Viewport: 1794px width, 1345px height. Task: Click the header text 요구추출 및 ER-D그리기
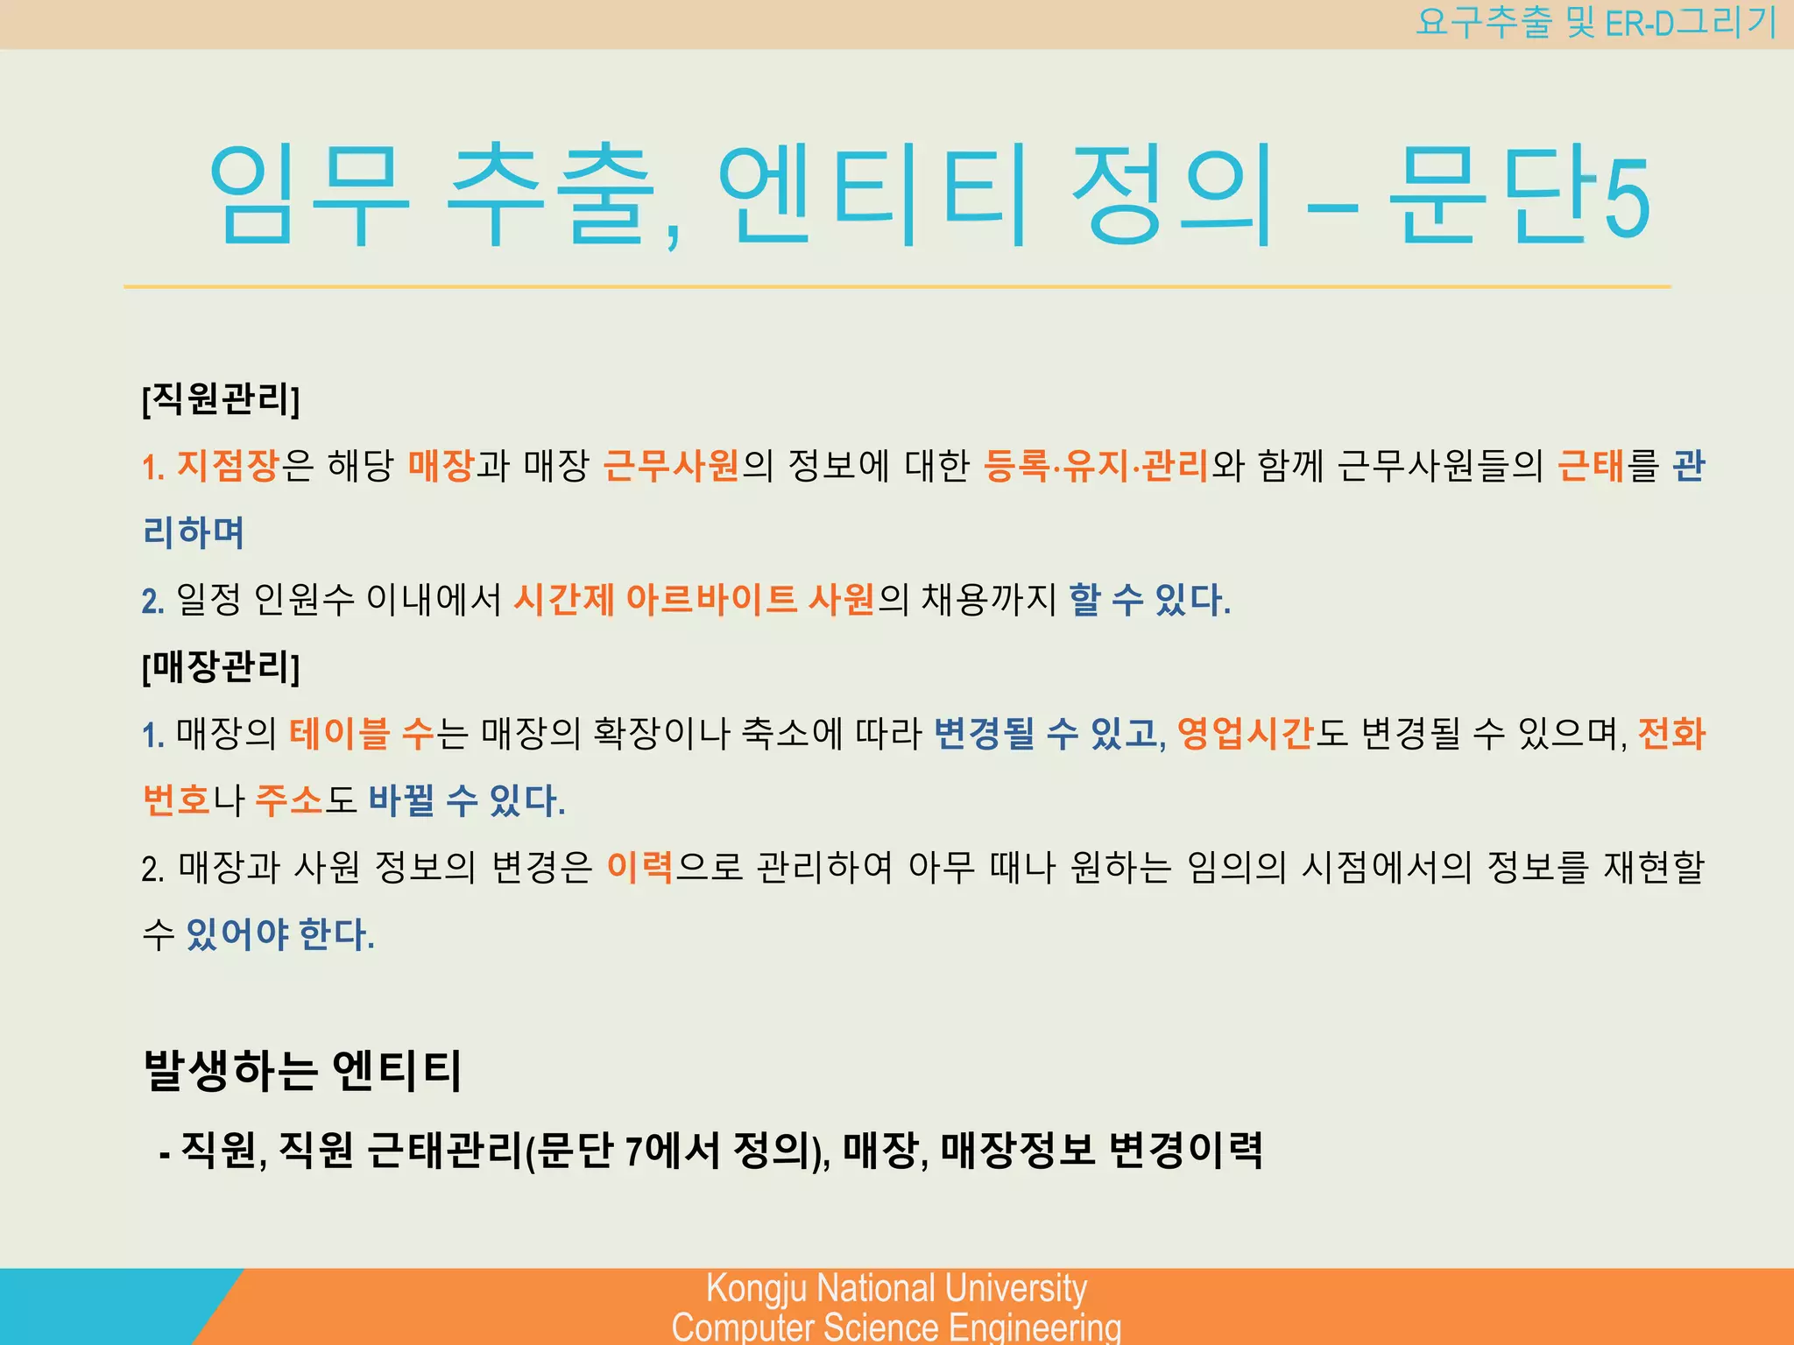(1595, 23)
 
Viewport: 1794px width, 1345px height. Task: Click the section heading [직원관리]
(221, 399)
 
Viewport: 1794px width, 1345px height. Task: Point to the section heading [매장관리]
(221, 667)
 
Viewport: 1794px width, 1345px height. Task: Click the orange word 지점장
(228, 466)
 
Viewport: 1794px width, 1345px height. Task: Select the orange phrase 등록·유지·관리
(1096, 466)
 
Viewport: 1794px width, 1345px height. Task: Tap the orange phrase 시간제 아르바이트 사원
(694, 600)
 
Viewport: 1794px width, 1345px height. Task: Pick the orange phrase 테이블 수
(362, 734)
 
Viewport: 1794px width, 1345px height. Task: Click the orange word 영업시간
(1245, 734)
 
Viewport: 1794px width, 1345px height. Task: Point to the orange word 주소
(289, 800)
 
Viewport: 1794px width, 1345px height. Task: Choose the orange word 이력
(639, 868)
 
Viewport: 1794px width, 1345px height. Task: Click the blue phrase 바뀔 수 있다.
(466, 800)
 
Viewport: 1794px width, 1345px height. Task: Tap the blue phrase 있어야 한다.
(280, 934)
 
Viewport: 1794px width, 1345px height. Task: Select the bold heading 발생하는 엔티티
(302, 1070)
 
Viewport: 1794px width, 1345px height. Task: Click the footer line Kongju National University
(896, 1288)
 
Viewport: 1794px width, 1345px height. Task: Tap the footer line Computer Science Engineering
(896, 1327)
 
